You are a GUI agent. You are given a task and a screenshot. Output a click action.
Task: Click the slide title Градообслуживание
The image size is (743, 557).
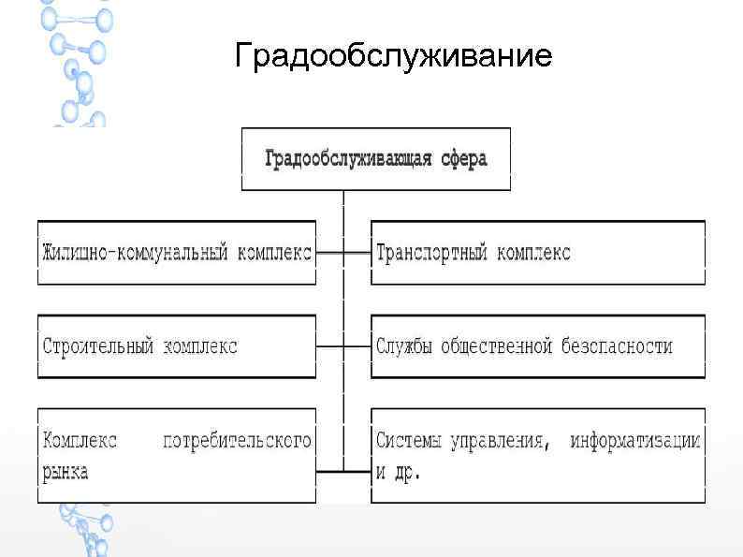tap(393, 57)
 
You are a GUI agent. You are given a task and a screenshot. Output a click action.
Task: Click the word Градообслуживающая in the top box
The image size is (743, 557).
tap(349, 158)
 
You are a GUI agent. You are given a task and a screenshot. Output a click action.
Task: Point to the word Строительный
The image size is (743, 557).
tap(98, 345)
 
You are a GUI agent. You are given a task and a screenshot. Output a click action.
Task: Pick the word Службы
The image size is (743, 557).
tap(404, 345)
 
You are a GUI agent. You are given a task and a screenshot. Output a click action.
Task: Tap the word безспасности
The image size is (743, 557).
tap(617, 345)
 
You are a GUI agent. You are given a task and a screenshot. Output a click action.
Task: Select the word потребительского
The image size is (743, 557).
tap(237, 440)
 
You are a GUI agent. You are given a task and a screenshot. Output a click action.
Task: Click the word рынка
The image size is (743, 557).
tap(66, 471)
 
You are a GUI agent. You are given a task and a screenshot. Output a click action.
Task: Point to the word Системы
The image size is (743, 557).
tap(410, 440)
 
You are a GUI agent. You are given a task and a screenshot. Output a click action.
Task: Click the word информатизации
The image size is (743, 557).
tap(635, 440)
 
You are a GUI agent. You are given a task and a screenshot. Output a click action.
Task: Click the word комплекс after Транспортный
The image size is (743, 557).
tap(533, 253)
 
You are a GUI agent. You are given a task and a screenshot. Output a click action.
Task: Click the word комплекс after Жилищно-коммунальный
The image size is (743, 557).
tap(275, 253)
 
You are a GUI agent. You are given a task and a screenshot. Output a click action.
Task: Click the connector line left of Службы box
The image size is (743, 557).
tap(357, 346)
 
